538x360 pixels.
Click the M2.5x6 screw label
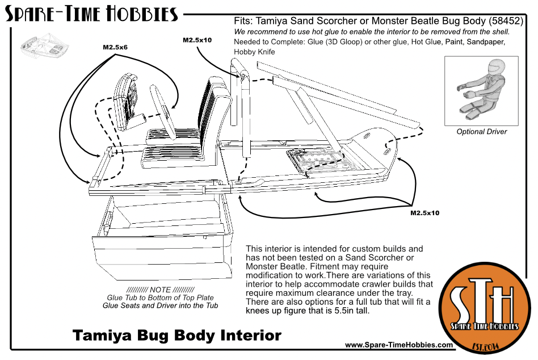tap(115, 48)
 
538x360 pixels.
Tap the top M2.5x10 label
tap(197, 40)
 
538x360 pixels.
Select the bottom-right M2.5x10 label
tap(426, 213)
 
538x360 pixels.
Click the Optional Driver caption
tap(482, 132)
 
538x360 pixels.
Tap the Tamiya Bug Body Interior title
tap(176, 335)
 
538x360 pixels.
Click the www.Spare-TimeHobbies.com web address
tap(398, 345)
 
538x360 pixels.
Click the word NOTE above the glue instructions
tap(163, 289)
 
